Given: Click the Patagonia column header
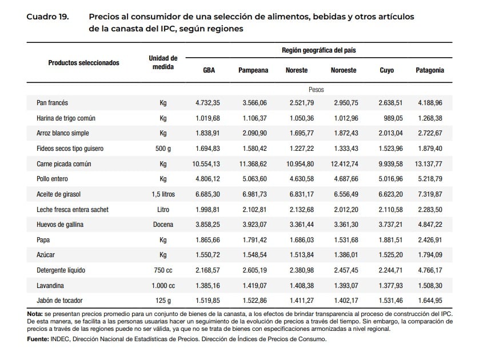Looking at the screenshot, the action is (x=430, y=70).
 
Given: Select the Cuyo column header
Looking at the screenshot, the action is (x=386, y=70).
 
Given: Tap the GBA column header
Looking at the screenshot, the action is (x=209, y=70).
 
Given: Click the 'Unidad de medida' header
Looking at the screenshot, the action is (x=163, y=62).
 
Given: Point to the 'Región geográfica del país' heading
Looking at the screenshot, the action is (x=319, y=50).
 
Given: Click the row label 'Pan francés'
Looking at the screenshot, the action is (x=52, y=102).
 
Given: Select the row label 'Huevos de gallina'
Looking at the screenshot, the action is (x=60, y=225).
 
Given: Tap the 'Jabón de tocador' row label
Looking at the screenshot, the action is (x=59, y=300).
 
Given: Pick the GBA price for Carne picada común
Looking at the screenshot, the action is (x=206, y=164).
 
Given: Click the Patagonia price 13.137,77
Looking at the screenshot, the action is (x=428, y=164).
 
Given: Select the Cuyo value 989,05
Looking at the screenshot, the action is (x=393, y=118).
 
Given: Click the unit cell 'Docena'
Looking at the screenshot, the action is (x=163, y=225).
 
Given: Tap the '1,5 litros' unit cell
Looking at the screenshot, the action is (x=163, y=194).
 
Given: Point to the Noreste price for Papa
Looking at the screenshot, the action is (x=302, y=240).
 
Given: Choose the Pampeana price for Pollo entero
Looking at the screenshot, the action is (x=254, y=179).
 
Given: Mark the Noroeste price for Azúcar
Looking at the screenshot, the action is (x=346, y=255).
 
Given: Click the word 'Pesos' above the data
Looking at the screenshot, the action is (x=316, y=90).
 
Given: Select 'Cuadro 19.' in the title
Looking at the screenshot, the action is (x=48, y=17).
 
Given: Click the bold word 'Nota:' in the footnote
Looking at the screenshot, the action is (x=35, y=314).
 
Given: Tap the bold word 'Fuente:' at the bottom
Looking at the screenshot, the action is (x=38, y=339).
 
